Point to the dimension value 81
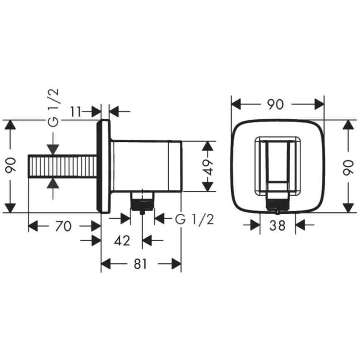[x=141, y=263]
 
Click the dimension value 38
[x=277, y=225]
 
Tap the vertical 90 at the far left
[x=10, y=166]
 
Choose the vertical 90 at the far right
[x=350, y=166]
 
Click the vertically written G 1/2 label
[x=53, y=108]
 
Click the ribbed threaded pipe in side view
[x=62, y=166]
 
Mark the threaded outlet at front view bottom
[x=277, y=203]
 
